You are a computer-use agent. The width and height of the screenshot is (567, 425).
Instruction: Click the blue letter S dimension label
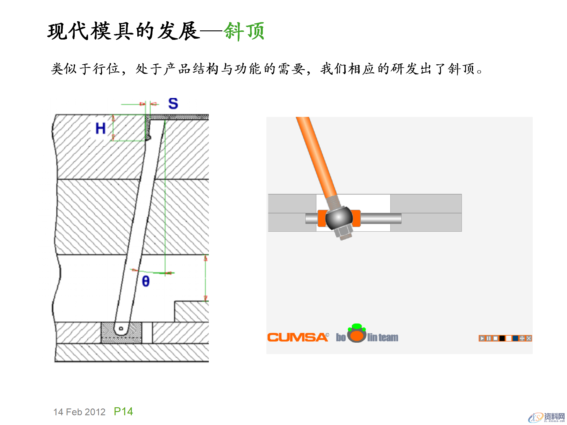click(x=173, y=104)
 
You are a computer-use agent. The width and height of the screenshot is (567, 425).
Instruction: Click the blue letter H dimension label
click(x=100, y=129)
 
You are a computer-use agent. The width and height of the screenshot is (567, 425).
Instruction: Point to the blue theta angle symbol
click(x=146, y=281)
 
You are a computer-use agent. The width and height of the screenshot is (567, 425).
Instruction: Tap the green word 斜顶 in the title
click(x=244, y=31)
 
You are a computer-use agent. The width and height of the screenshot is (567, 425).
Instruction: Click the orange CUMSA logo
click(x=297, y=337)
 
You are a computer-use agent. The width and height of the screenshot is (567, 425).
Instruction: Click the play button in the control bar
click(x=482, y=338)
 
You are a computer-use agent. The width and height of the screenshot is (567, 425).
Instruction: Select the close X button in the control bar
click(x=529, y=338)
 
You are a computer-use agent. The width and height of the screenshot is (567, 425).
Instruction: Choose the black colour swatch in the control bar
click(x=502, y=338)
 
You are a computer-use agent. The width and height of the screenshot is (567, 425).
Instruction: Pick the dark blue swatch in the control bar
click(x=515, y=338)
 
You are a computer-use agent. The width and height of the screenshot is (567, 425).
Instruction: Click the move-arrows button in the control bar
click(x=522, y=338)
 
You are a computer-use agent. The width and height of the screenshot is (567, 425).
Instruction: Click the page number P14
click(x=123, y=411)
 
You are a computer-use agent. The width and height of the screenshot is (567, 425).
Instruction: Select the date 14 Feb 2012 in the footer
click(x=79, y=412)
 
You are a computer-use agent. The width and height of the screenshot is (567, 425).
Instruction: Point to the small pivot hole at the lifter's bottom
click(x=121, y=328)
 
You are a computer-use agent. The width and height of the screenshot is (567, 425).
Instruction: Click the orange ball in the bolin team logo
click(x=357, y=336)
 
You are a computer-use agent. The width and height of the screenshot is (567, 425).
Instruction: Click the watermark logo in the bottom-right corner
click(x=546, y=417)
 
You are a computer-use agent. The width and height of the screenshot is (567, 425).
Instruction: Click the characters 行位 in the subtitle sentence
click(x=106, y=69)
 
